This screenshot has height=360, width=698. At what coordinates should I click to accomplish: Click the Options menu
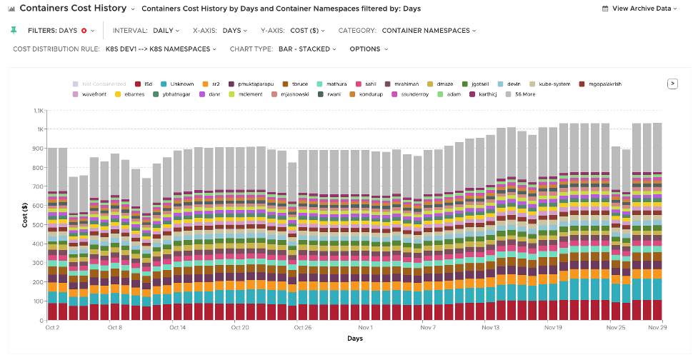(x=368, y=49)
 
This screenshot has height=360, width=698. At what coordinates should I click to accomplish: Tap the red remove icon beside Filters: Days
(x=84, y=31)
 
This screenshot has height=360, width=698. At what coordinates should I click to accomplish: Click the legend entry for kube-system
(x=549, y=84)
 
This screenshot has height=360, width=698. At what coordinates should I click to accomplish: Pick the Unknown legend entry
(x=179, y=84)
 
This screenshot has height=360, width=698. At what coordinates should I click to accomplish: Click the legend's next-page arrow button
(x=672, y=83)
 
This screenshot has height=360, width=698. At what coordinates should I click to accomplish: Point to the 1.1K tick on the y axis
(x=39, y=111)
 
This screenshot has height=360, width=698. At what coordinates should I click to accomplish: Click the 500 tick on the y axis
(x=38, y=225)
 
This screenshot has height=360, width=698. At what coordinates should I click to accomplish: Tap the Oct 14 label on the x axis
(x=178, y=328)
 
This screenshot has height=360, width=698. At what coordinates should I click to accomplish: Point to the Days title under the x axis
(x=354, y=338)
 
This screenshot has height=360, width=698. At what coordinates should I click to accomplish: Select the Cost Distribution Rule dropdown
(x=114, y=49)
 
